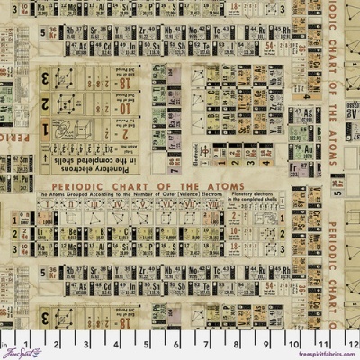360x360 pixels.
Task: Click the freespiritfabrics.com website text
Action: click(x=325, y=354)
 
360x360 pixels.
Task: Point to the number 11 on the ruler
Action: click(x=326, y=343)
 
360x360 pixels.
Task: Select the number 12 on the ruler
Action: click(x=352, y=343)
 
